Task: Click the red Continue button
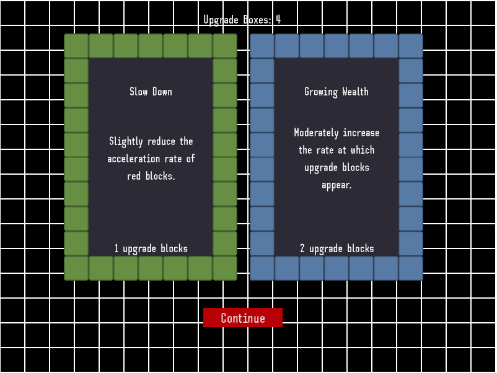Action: tap(243, 318)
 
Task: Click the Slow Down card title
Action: tap(151, 92)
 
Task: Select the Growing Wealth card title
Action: tap(336, 92)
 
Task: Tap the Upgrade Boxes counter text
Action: tap(242, 20)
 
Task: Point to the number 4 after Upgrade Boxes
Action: tap(278, 20)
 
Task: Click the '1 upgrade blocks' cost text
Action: tap(151, 248)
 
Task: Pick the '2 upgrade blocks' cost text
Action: tap(336, 248)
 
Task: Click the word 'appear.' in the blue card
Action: tap(336, 185)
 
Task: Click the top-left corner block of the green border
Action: tap(76, 46)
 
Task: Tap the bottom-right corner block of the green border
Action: tap(225, 268)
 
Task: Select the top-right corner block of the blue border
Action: tap(411, 46)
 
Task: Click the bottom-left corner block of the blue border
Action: tap(262, 268)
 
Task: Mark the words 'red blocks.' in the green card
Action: tap(151, 176)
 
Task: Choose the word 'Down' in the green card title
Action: tap(162, 92)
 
